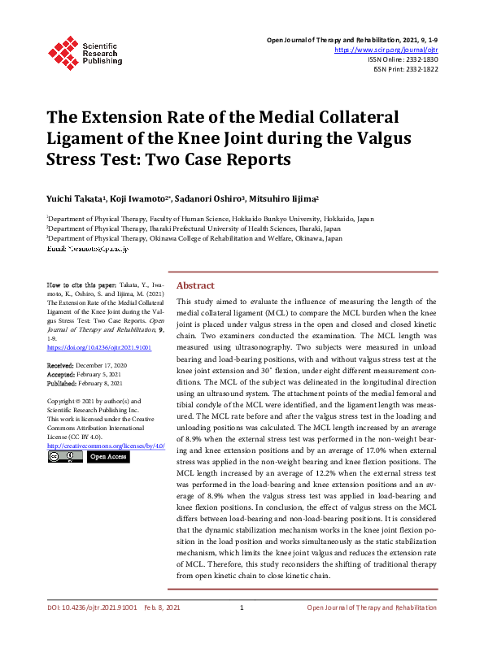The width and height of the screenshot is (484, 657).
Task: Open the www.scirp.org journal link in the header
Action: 392,49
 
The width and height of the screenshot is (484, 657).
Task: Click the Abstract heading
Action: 195,285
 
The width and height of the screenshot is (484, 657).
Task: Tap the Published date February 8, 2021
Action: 99,382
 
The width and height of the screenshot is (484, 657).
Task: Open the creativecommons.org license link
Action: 107,446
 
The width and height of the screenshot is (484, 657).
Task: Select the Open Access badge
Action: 107,457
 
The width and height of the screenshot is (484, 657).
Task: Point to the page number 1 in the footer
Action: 242,630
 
